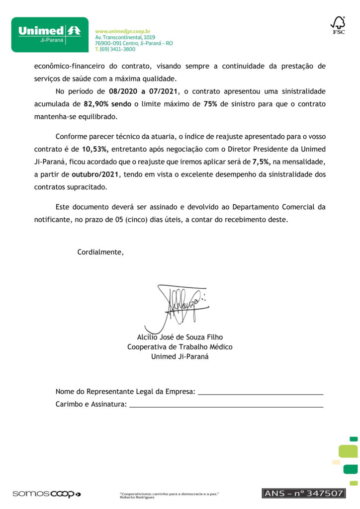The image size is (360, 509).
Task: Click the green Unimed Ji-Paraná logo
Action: [50, 34]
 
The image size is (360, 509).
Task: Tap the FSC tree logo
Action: [338, 25]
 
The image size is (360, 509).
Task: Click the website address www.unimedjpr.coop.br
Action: [122, 31]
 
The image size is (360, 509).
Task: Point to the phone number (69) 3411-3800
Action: [118, 49]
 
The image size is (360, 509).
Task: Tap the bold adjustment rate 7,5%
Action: [262, 161]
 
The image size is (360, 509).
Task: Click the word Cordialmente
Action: [100, 252]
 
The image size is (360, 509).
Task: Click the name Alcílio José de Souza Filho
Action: [180, 338]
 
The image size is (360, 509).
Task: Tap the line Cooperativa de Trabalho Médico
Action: [180, 347]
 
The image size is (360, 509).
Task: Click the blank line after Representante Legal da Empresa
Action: [261, 393]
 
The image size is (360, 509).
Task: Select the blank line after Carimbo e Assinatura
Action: [226, 405]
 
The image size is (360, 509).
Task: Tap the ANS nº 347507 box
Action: [303, 493]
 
